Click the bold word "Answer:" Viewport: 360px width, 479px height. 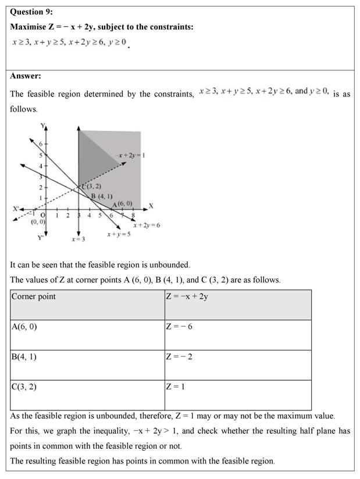click(26, 76)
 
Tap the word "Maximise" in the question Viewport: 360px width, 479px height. click(29, 27)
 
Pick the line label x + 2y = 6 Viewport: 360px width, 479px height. click(147, 225)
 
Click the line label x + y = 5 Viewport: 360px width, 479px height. click(119, 234)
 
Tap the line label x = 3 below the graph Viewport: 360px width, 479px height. click(79, 239)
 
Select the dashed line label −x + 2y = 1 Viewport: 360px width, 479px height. click(131, 155)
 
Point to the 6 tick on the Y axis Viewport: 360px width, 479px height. click(41, 143)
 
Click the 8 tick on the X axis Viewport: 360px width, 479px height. click(133, 215)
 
